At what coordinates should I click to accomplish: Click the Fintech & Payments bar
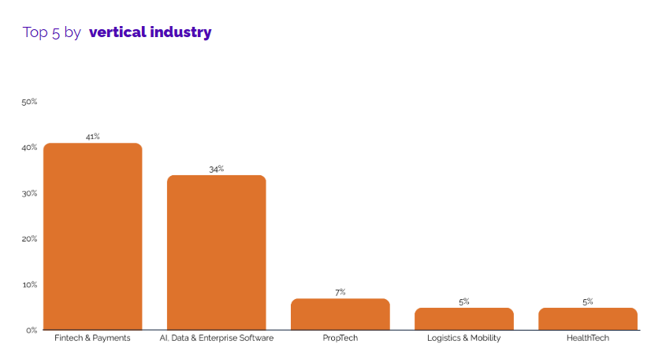[93, 237]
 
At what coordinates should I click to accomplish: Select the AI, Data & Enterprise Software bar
[217, 253]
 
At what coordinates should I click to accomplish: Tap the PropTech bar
[340, 314]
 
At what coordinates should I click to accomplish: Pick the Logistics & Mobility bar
[464, 319]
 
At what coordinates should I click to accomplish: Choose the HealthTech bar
[588, 319]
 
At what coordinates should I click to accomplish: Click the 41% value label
[93, 137]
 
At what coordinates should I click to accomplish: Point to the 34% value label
[217, 169]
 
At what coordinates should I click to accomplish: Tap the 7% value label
[340, 292]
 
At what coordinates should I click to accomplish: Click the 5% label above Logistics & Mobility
[464, 301]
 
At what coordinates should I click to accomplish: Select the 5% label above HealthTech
[588, 301]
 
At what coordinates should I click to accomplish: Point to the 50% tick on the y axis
[30, 102]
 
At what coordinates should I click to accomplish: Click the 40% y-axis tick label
[30, 148]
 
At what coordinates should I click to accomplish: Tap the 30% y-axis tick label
[30, 193]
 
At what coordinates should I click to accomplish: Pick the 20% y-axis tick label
[30, 238]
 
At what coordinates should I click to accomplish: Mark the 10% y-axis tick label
[30, 284]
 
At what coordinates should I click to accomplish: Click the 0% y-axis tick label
[32, 330]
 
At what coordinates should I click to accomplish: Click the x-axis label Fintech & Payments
[93, 339]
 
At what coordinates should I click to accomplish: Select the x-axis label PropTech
[340, 339]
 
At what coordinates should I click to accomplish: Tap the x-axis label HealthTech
[588, 339]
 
